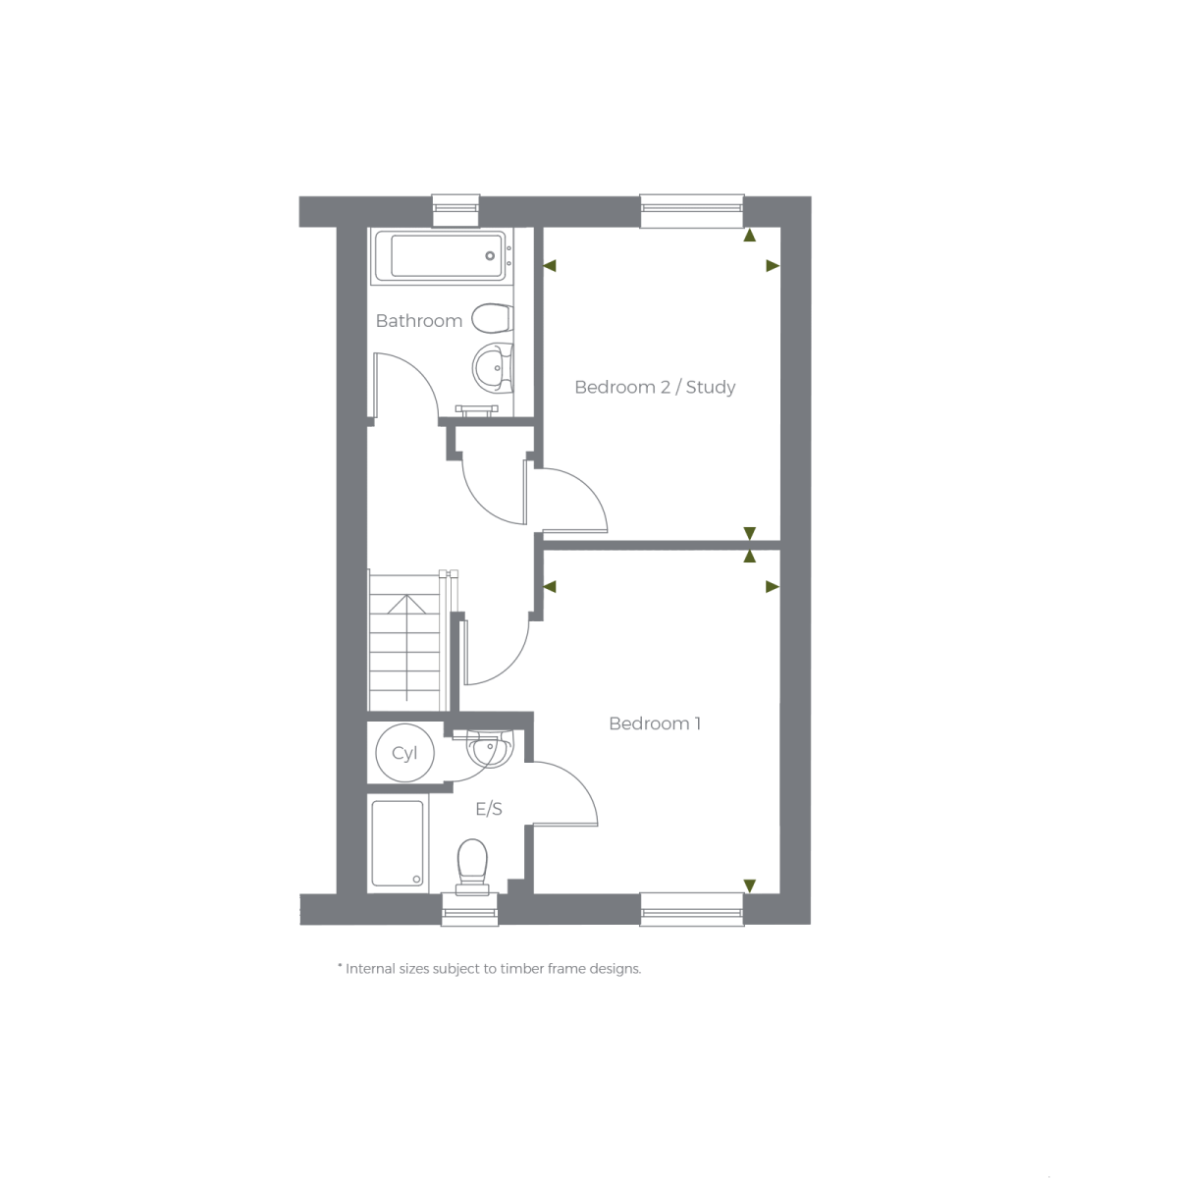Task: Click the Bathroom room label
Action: (x=419, y=321)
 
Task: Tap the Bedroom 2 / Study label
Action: (x=655, y=387)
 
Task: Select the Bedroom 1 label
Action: (x=655, y=723)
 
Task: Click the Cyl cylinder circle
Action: (x=404, y=753)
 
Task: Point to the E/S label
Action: (x=489, y=809)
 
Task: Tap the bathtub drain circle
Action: (x=490, y=256)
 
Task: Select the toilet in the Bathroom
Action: (x=492, y=318)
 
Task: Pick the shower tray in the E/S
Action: (x=398, y=843)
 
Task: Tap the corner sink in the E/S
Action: (x=489, y=748)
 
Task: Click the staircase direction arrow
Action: (x=406, y=648)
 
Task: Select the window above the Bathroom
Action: (x=456, y=211)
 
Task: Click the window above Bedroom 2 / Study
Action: (x=692, y=211)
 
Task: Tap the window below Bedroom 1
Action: (x=692, y=909)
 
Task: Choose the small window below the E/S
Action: (x=469, y=909)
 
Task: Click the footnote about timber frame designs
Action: (x=489, y=969)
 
